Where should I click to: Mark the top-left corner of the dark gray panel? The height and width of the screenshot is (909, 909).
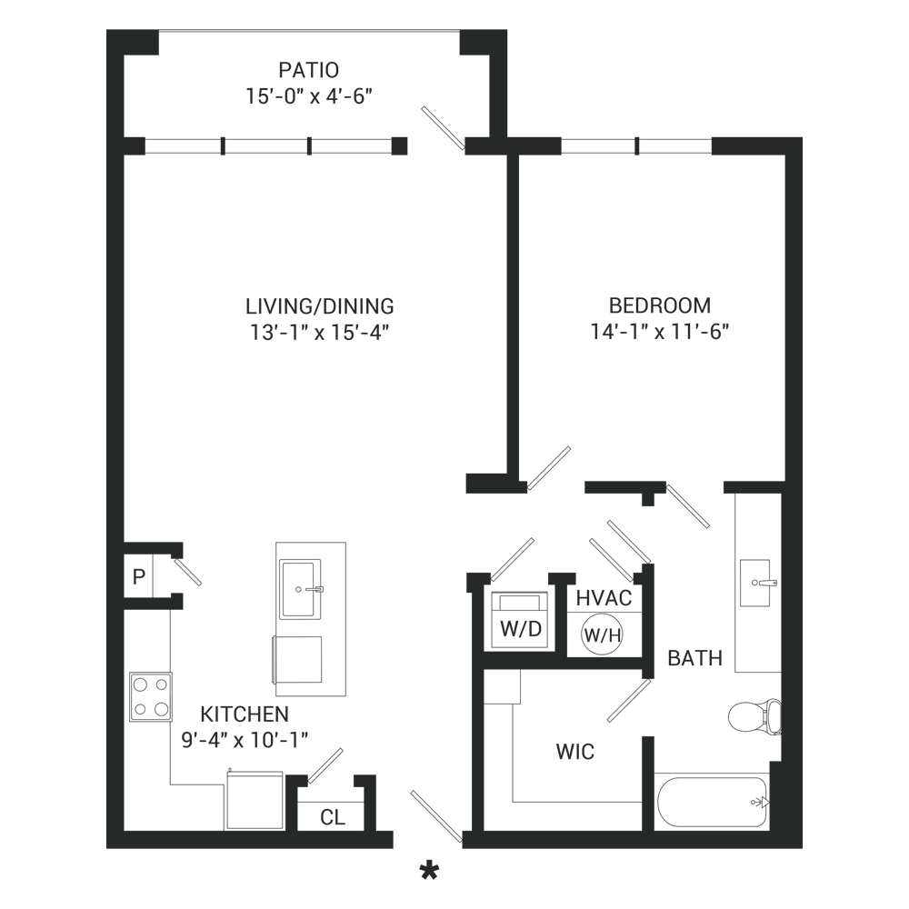click(x=107, y=30)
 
